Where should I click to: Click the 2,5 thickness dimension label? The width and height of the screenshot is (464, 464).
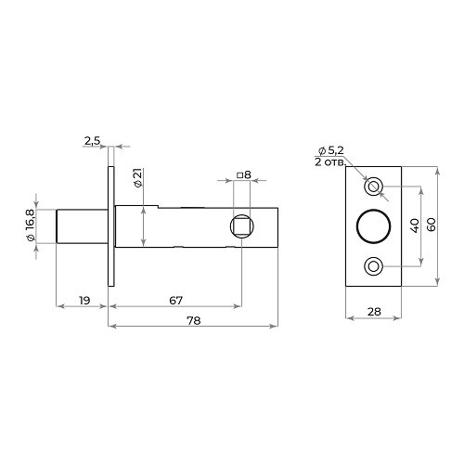click(x=93, y=141)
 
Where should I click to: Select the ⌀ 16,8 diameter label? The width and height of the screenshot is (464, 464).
click(x=31, y=226)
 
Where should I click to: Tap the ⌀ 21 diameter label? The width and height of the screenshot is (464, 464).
click(x=138, y=178)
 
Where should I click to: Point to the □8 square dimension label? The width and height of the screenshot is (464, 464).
click(x=244, y=175)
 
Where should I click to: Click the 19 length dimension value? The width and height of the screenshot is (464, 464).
click(x=84, y=301)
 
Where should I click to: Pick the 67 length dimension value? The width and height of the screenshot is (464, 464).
click(x=176, y=301)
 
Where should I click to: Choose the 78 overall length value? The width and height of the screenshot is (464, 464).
click(x=194, y=320)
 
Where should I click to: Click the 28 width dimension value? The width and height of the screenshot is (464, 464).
click(x=374, y=312)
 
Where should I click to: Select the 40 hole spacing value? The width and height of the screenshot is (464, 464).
click(x=415, y=226)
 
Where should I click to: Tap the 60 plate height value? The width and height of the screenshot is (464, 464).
click(x=432, y=225)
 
